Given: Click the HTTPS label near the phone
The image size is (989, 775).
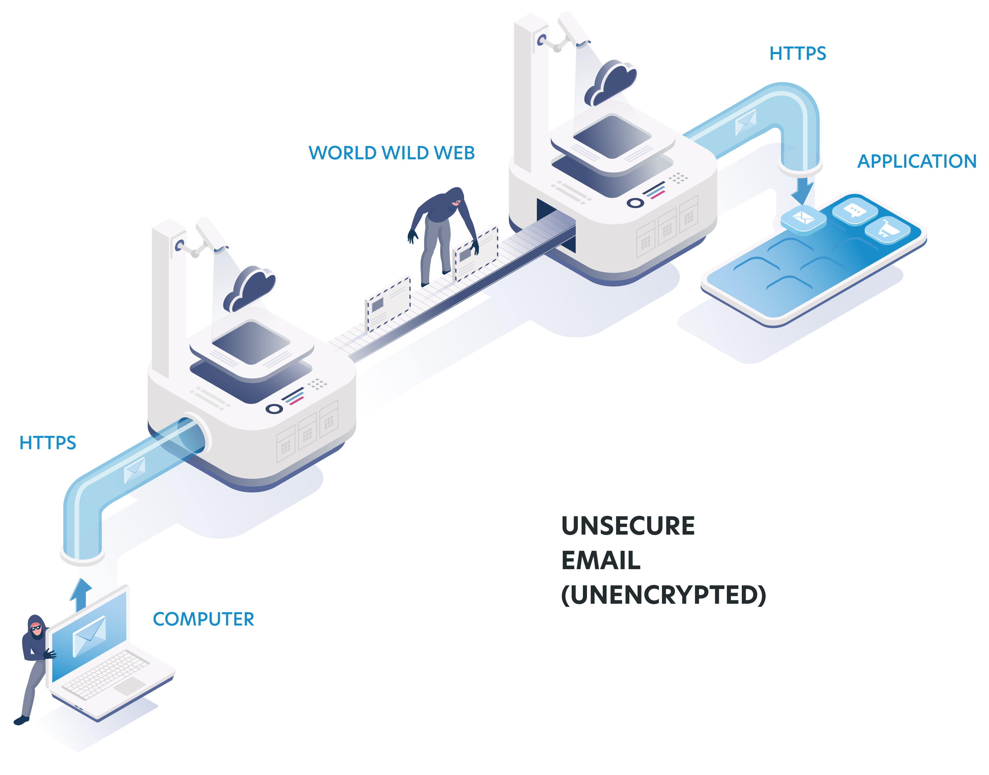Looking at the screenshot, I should tap(797, 54).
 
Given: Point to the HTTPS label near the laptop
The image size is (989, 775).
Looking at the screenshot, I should tap(47, 443).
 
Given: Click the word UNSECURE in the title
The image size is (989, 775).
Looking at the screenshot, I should tap(628, 526).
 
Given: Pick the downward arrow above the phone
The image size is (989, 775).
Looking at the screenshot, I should tap(802, 191).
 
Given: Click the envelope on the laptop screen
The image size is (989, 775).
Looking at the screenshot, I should tap(90, 635).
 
